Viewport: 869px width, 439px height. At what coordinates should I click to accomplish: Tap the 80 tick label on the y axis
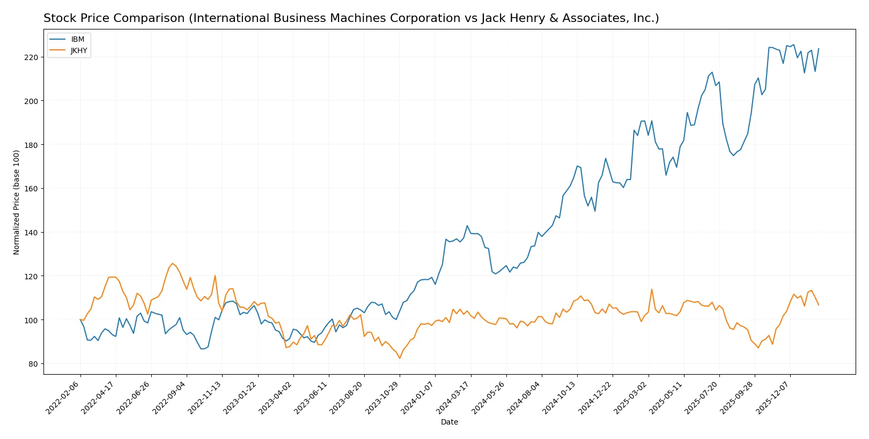[33, 364]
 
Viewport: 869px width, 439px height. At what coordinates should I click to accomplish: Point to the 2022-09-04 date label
[170, 397]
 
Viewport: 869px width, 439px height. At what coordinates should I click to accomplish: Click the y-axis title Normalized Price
[17, 202]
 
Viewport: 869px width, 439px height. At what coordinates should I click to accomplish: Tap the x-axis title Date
[450, 422]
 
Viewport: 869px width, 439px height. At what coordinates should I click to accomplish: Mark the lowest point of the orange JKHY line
[400, 359]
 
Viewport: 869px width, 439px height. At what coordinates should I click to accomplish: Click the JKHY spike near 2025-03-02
[652, 289]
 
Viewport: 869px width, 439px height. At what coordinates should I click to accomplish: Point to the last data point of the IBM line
[819, 49]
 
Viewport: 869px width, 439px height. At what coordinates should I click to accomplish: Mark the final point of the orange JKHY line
[819, 305]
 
